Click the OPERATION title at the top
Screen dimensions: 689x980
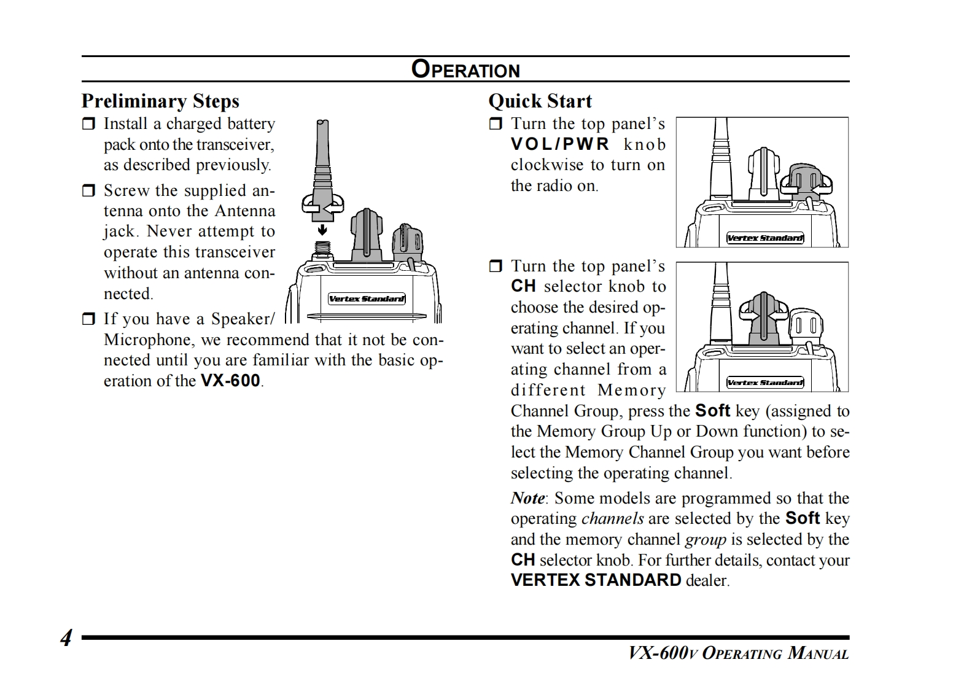coord(465,69)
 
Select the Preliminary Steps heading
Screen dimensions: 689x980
coord(160,101)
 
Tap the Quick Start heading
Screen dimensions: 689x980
coord(540,101)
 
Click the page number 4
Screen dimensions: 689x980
coord(66,639)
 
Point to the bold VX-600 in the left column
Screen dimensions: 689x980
coord(230,381)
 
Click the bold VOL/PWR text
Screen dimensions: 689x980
coord(560,144)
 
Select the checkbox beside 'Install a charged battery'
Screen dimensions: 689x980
coord(89,125)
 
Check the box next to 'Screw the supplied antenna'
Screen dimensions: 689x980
coord(89,191)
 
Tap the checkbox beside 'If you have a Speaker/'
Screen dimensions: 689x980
coord(89,319)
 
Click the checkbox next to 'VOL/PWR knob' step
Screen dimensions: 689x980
coord(496,125)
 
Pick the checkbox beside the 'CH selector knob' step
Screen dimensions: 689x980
coord(496,267)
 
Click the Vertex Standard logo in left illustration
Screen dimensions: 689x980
coord(367,299)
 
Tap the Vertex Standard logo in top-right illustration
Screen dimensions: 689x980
coord(764,238)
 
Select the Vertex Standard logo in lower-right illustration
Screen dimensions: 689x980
coord(764,383)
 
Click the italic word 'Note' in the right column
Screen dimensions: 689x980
coord(527,498)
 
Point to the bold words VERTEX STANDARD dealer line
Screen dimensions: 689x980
coord(596,580)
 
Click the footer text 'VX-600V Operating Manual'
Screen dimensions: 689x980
coord(738,653)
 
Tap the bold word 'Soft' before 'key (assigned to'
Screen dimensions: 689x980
coord(712,411)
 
